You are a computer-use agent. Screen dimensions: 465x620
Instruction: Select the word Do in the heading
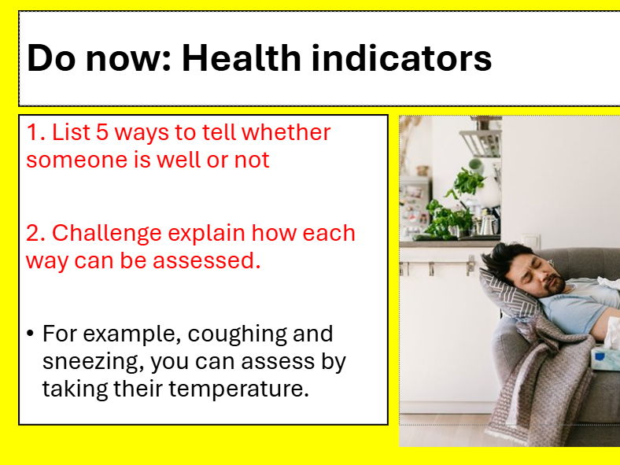(51, 58)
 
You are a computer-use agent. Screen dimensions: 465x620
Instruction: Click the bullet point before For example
(30, 334)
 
